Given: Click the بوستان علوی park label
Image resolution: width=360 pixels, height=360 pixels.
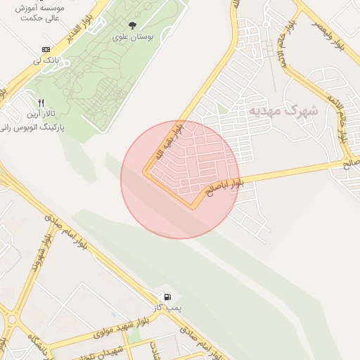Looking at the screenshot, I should (x=130, y=37).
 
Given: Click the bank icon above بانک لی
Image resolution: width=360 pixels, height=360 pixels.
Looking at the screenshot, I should (x=46, y=49).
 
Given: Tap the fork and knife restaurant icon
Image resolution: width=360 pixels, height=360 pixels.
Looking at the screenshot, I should (x=40, y=103).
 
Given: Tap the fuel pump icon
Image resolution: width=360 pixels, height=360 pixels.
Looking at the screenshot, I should (x=168, y=297).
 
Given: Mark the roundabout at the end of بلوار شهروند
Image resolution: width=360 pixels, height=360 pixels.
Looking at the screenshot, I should (x=11, y=319).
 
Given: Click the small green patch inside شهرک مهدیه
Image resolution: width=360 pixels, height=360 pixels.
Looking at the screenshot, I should (x=222, y=109).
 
